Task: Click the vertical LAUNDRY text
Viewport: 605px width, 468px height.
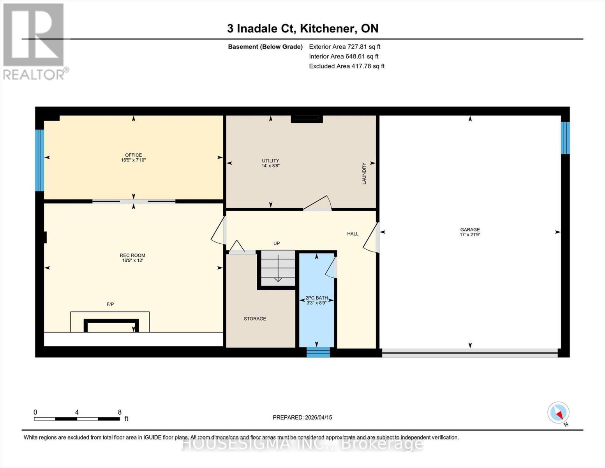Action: (x=364, y=174)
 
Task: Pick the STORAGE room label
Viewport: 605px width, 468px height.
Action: (x=255, y=319)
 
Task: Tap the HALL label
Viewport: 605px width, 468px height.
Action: (x=353, y=234)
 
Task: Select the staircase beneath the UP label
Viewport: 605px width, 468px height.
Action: (x=278, y=269)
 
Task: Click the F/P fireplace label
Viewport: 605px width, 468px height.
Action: (x=110, y=304)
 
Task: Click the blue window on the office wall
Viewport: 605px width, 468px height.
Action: (x=39, y=160)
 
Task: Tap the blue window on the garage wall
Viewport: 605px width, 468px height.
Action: (x=565, y=138)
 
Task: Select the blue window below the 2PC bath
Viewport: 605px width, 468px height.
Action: (x=318, y=352)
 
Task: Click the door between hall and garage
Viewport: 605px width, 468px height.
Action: (x=372, y=238)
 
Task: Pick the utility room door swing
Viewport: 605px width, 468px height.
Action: (x=317, y=204)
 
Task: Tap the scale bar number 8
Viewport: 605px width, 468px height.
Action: (x=120, y=412)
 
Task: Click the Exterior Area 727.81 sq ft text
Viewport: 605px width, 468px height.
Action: (x=344, y=46)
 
